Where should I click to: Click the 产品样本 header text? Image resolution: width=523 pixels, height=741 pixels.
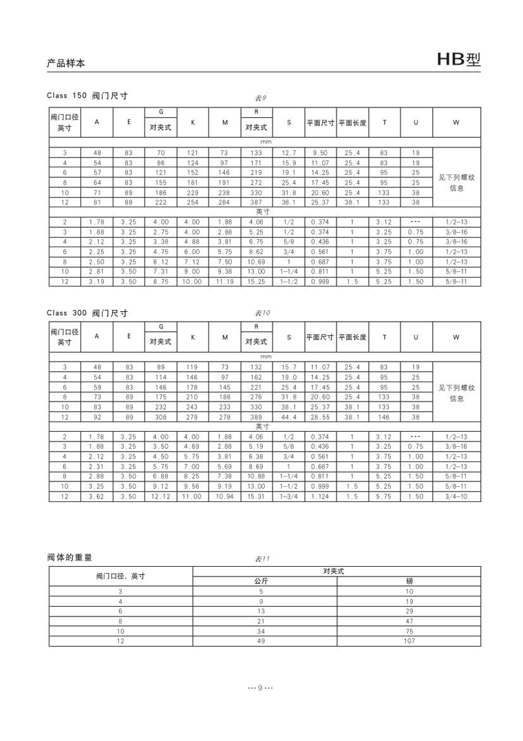click(66, 63)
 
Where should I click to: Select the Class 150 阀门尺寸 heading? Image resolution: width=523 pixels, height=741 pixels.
click(88, 96)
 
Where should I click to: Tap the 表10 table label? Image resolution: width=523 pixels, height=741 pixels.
click(262, 313)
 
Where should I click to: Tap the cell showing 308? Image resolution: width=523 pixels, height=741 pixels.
click(161, 417)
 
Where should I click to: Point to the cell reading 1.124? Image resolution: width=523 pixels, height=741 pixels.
click(320, 496)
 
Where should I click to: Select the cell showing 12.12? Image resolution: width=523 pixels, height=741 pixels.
click(161, 496)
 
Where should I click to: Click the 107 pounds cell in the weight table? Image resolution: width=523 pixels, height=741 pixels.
click(409, 641)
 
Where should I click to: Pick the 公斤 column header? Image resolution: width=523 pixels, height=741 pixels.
click(261, 582)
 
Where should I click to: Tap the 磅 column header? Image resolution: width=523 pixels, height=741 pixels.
click(409, 582)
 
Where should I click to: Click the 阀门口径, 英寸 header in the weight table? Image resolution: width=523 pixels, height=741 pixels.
click(120, 576)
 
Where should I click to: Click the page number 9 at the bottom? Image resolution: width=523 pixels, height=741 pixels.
click(261, 689)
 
